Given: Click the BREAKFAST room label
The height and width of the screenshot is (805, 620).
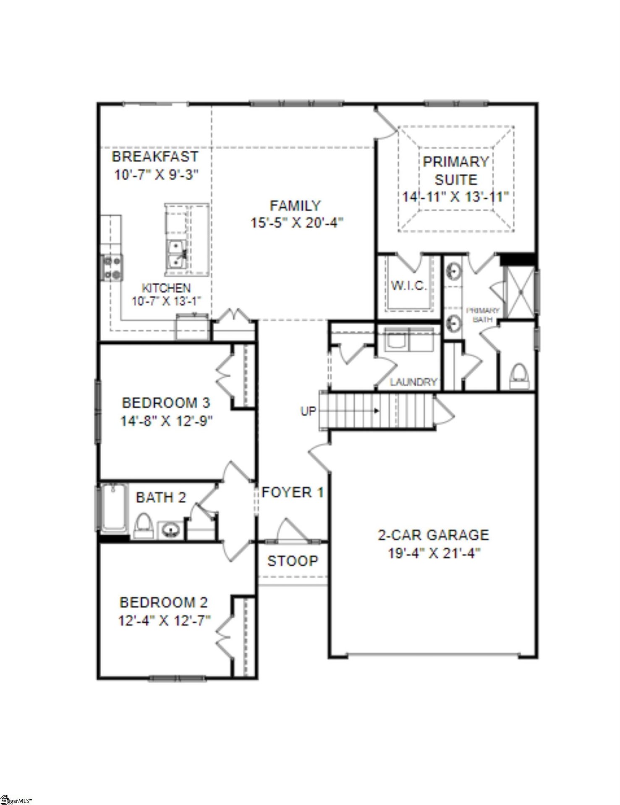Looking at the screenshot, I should pos(155,157).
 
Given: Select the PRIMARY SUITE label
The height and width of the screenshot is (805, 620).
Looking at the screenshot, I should pos(455,171).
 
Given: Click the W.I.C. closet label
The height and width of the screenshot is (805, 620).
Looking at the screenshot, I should pos(409,286).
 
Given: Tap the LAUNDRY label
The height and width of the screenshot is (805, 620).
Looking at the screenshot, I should pos(413,382).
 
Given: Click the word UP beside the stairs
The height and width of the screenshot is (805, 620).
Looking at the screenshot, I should pos(308,411).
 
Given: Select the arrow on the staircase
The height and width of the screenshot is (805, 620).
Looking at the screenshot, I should pos(376,411).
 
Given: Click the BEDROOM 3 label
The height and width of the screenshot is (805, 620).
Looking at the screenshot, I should pos(166,403).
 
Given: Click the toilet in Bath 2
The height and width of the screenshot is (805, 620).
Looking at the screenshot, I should pos(143,525).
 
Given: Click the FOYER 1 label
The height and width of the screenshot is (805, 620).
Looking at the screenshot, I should pos(293,492).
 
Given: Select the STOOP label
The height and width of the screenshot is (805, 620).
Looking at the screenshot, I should pos(293,561).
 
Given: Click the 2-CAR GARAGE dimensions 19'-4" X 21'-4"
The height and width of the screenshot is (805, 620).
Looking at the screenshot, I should pos(433,553).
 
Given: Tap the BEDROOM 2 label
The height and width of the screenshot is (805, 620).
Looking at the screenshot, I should pos(164,602).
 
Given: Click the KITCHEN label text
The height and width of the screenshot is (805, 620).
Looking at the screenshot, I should pos(166,288).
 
